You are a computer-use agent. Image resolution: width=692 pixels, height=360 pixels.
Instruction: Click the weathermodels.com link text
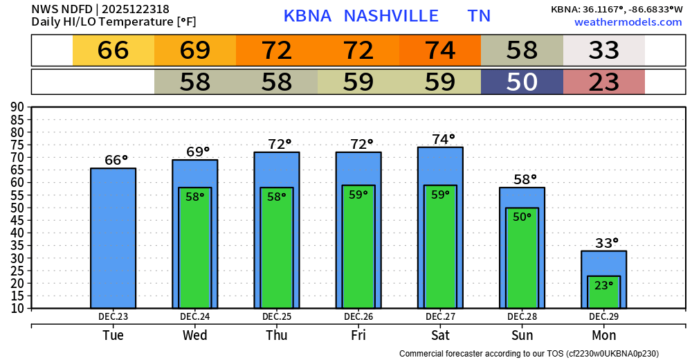coord(628,22)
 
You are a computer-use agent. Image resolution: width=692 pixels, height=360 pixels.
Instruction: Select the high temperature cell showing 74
coord(440,51)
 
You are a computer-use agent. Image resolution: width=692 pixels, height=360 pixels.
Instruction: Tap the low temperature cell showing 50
coord(522,82)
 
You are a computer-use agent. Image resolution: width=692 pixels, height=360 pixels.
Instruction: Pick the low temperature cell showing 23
coord(603,82)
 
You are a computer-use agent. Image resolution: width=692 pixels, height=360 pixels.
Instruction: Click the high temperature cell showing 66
coord(113,51)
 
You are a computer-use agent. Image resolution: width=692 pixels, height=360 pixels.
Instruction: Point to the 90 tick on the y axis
coord(17,107)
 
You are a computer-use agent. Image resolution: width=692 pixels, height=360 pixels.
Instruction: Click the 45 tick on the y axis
coord(17,220)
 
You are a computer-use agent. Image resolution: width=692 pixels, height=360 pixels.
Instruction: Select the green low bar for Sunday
coord(522,258)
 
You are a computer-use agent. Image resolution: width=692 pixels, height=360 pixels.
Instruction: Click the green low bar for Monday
coord(603,292)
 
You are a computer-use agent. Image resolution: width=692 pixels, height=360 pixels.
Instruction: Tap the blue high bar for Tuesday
coord(113,238)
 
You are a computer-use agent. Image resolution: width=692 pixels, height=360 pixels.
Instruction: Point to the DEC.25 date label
coord(277,316)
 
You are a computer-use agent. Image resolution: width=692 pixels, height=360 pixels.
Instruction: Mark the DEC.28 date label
coord(522,316)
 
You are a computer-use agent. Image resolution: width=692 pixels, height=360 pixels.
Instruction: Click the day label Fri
coord(358,336)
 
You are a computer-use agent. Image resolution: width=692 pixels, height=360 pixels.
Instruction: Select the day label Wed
coord(195,336)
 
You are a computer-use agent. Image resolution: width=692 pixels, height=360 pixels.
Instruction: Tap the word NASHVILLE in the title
coord(391,16)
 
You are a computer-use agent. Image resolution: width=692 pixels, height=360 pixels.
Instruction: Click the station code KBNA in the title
coord(307,16)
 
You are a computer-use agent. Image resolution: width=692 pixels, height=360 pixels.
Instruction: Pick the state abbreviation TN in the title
coord(479,16)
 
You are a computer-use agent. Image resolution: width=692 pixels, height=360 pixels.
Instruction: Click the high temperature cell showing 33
coord(603,51)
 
